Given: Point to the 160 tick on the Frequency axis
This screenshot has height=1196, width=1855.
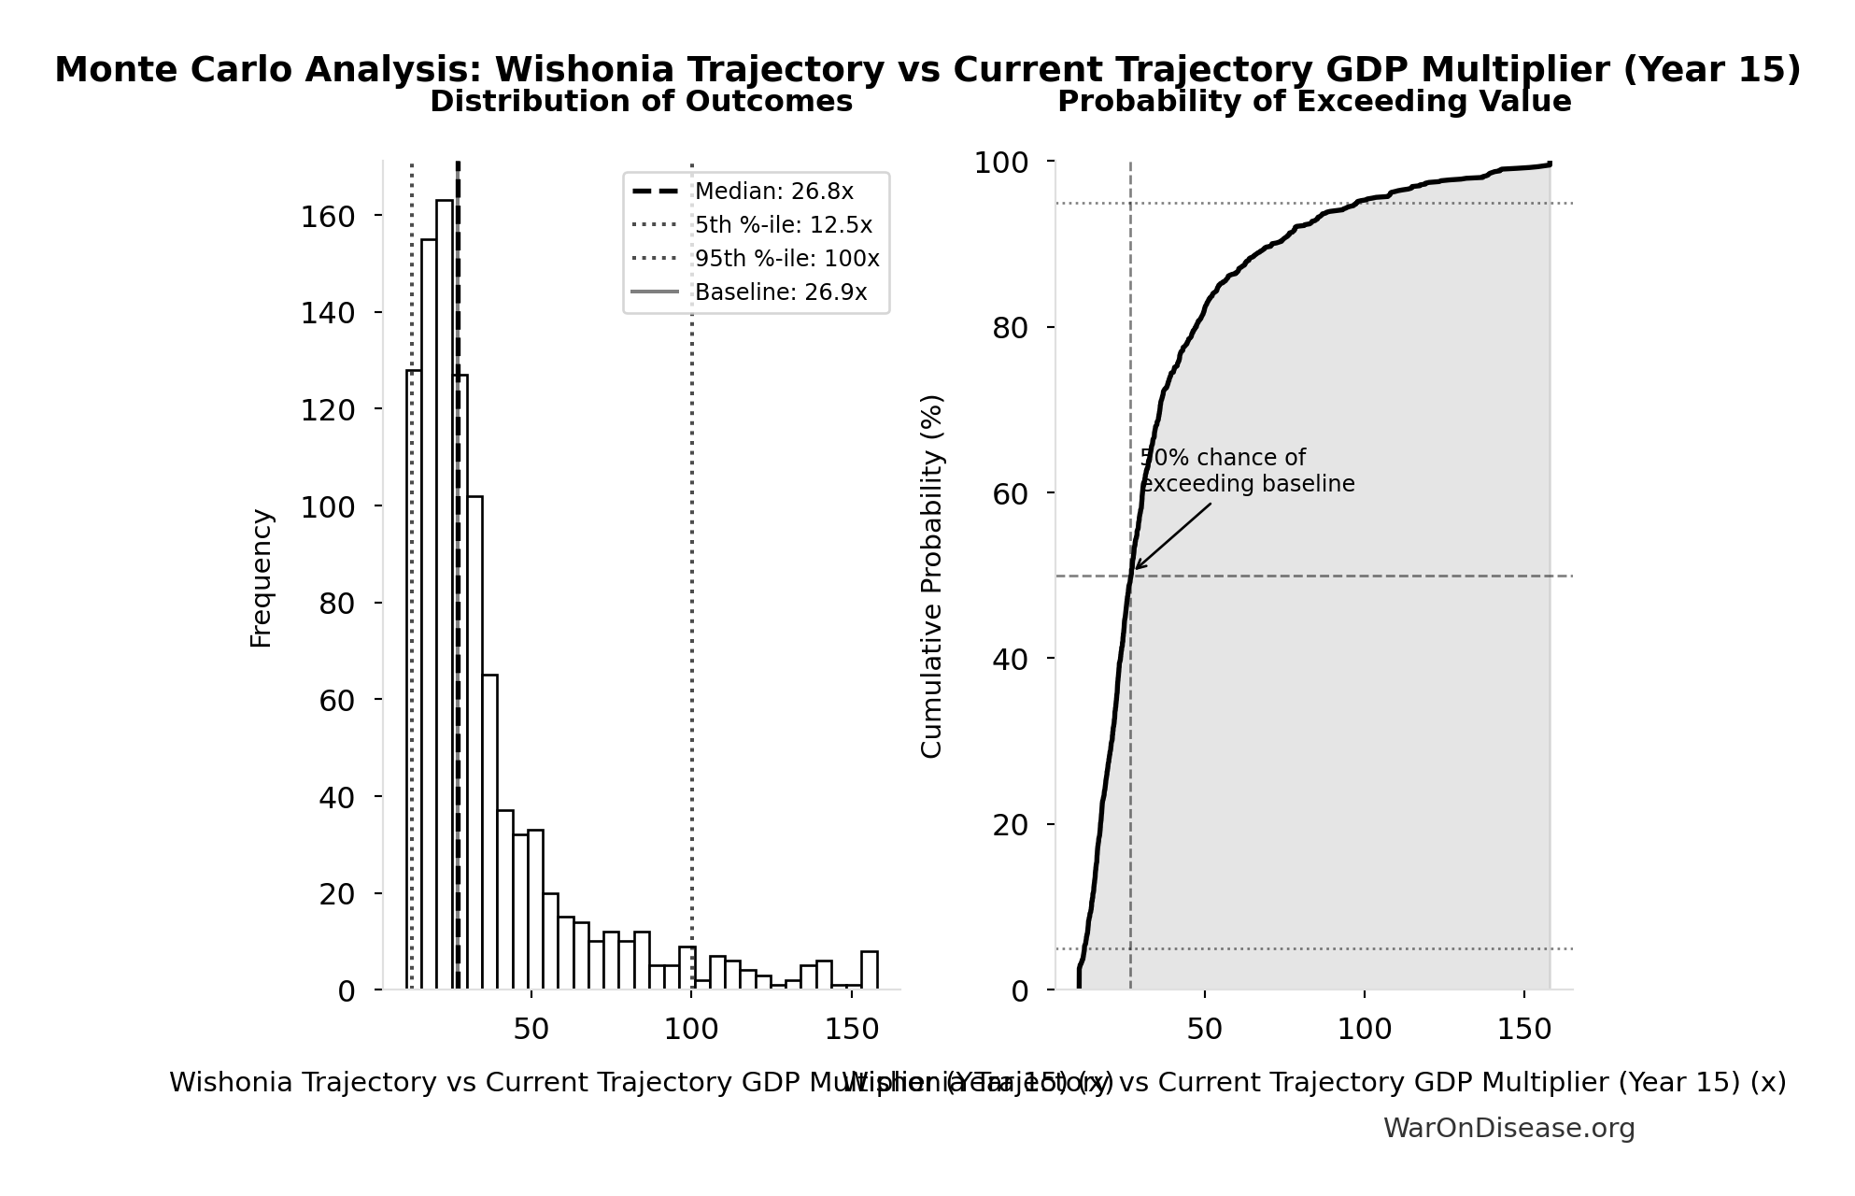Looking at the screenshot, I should click(x=328, y=217).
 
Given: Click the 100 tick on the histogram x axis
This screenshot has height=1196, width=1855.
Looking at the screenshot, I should click(x=691, y=1030).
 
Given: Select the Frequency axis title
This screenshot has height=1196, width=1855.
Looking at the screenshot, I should click(x=262, y=577).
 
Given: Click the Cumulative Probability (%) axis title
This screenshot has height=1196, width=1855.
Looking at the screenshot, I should click(x=932, y=576).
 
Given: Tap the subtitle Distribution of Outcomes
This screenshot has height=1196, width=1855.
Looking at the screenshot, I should click(x=641, y=102).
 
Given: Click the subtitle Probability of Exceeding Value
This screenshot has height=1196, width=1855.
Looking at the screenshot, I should click(x=1313, y=102).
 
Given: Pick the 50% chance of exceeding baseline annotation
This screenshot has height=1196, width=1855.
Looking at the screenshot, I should click(x=1246, y=471).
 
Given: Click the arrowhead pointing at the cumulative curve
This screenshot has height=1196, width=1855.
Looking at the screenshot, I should click(x=1137, y=567).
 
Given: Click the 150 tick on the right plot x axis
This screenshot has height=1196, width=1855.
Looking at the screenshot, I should click(x=1523, y=1030).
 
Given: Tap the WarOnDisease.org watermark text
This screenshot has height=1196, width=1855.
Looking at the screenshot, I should click(x=1508, y=1129).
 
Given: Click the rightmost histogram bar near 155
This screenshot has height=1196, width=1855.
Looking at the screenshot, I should click(x=870, y=971).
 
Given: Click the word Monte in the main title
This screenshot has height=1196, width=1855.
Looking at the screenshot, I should click(x=110, y=70).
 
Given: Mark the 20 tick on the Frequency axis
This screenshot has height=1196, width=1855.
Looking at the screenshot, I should click(x=337, y=894).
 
